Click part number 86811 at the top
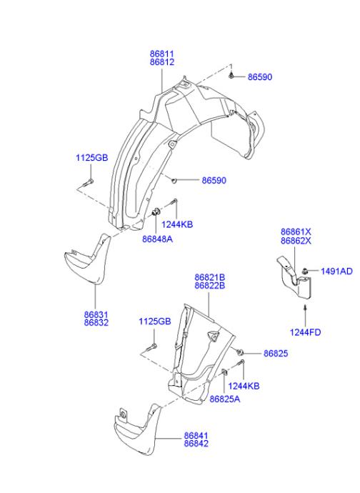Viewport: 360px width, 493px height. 161,54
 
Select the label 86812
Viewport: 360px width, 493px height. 161,62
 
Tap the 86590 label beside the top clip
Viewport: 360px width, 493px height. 260,77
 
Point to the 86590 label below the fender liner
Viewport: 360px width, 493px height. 214,181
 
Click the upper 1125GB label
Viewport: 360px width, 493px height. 91,157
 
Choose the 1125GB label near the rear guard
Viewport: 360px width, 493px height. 155,322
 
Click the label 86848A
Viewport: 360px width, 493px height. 157,239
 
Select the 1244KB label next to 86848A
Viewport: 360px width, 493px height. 177,224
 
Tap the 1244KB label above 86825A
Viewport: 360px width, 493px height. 244,386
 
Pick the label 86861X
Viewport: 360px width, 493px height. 296,231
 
